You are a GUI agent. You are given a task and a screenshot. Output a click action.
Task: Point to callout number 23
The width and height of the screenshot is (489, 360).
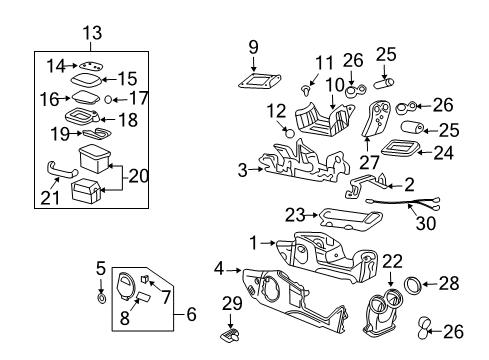click(x=294, y=213)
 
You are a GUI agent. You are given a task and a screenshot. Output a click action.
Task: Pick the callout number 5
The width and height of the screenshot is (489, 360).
click(x=100, y=267)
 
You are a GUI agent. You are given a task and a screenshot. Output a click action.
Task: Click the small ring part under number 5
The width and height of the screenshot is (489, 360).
click(x=101, y=297)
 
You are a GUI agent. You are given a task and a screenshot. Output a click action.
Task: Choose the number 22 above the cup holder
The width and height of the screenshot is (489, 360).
click(x=393, y=262)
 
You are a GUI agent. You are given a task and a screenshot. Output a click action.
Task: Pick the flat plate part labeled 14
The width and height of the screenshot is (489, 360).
click(x=91, y=65)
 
